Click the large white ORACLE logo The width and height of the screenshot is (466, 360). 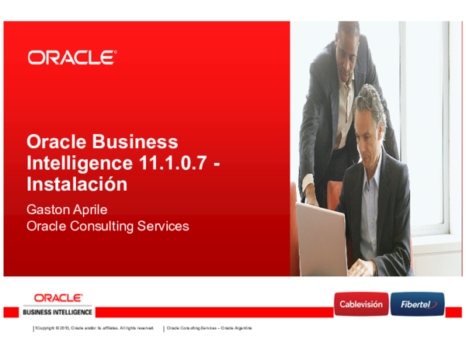(72, 57)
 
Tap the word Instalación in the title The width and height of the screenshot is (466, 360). (76, 185)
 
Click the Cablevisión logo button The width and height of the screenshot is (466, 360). (360, 304)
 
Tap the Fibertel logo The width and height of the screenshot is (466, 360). (417, 304)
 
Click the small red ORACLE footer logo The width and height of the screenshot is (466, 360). (58, 297)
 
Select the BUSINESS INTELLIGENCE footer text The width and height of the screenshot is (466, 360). (58, 312)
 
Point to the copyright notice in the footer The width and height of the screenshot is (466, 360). (94, 328)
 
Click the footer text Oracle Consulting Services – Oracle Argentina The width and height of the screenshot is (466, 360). (210, 328)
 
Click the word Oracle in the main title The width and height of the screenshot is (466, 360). (57, 142)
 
